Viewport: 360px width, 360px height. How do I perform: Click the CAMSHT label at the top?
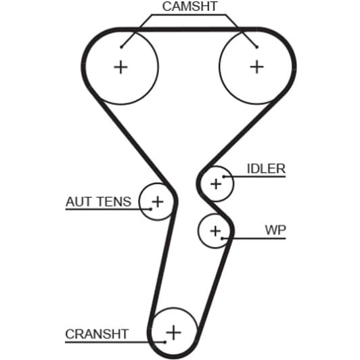(189, 7)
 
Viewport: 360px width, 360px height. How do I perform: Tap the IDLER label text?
(266, 168)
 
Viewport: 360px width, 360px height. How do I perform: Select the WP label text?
(275, 230)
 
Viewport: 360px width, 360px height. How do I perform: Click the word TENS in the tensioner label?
(114, 202)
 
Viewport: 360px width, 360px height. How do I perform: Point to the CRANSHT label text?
(97, 334)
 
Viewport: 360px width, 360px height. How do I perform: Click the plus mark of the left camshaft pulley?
(120, 67)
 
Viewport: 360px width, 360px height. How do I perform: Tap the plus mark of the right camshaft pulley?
(256, 67)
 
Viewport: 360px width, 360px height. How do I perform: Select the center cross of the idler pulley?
(216, 184)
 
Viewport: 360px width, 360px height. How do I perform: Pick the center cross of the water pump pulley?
(215, 231)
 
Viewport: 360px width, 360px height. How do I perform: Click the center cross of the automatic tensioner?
(158, 202)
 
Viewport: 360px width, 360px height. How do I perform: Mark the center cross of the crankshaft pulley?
(173, 332)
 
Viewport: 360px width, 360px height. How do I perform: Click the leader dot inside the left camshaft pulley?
(121, 47)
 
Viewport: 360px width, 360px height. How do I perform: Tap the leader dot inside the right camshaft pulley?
(257, 47)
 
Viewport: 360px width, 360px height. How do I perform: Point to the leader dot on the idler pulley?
(223, 177)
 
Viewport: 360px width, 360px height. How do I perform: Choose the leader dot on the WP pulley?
(222, 239)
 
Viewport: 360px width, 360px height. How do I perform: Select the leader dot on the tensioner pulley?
(151, 209)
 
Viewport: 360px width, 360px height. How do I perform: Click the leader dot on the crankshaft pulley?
(165, 342)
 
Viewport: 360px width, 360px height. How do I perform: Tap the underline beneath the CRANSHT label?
(115, 342)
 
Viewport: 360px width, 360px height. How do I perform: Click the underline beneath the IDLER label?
(254, 177)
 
